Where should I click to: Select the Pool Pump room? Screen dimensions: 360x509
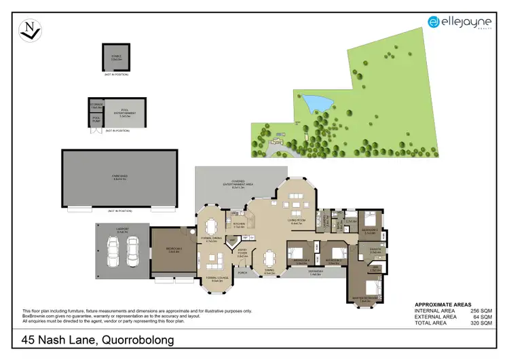click(x=96, y=120)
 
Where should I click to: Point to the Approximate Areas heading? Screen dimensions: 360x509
click(x=442, y=304)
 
